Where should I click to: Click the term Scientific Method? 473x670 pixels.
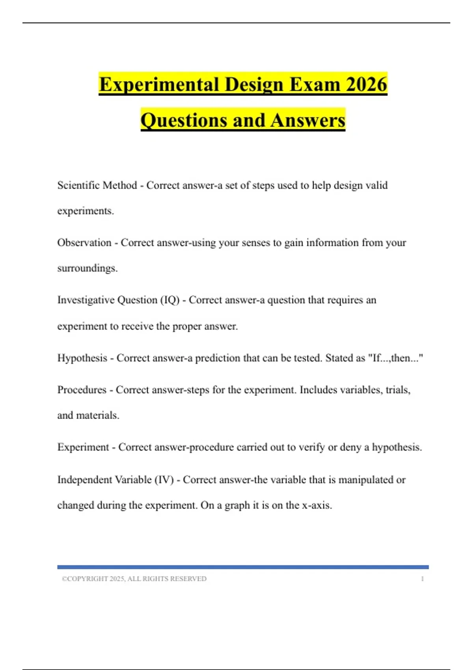97,185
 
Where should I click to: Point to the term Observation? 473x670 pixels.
84,242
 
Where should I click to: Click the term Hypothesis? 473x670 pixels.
82,358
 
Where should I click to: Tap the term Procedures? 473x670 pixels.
82,390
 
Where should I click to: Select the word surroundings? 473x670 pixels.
87,268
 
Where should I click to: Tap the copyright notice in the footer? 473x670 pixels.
134,579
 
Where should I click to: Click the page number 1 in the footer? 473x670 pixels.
422,579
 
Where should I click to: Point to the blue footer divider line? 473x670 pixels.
243,567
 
